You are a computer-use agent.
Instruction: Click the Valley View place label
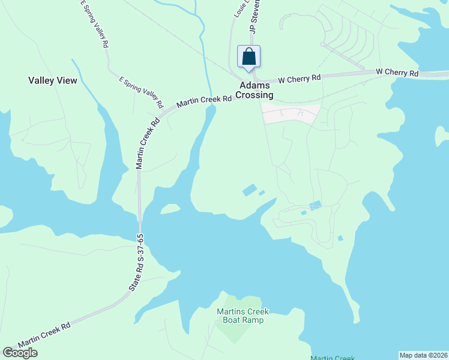tap(53, 80)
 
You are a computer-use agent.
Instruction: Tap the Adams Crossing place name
tap(255, 91)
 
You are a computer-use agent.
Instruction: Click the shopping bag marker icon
tap(249, 57)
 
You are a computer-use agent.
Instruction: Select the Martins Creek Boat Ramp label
tap(243, 316)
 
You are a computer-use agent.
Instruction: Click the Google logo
tap(20, 353)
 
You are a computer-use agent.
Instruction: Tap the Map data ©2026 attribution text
tap(424, 355)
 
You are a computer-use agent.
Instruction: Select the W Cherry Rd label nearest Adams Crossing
tap(299, 78)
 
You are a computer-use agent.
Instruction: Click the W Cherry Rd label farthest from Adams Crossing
tap(397, 73)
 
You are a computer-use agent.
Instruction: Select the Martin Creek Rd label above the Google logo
tap(44, 336)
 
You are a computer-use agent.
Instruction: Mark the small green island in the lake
tap(170, 208)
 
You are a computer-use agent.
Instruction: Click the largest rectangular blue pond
tap(249, 190)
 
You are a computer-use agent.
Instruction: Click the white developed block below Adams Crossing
tap(291, 113)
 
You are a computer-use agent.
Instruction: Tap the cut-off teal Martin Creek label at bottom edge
tap(333, 358)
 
